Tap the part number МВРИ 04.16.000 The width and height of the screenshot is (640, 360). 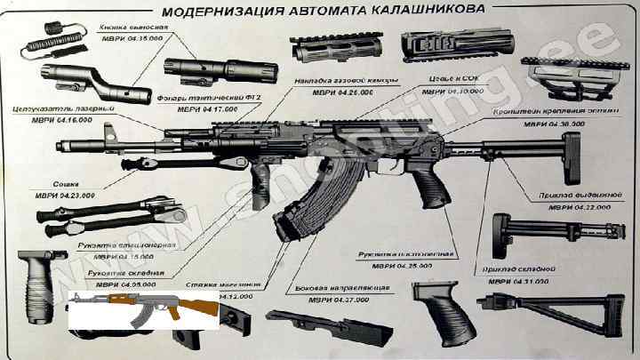(54, 119)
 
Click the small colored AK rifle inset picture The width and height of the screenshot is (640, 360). (143, 311)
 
